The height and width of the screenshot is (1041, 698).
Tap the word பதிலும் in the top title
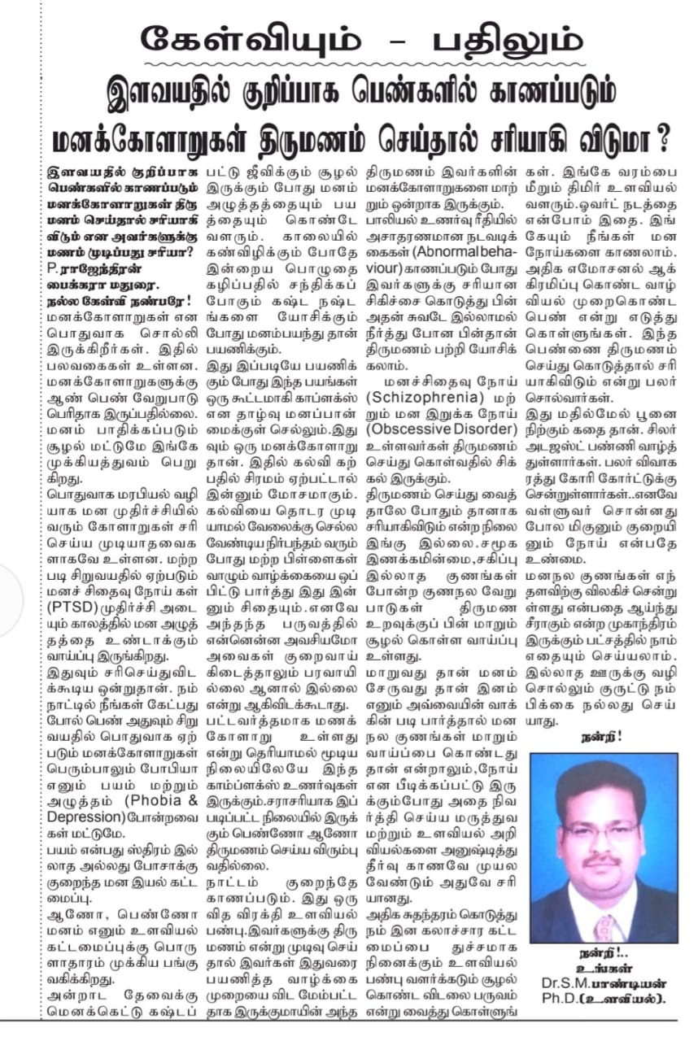click(491, 38)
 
